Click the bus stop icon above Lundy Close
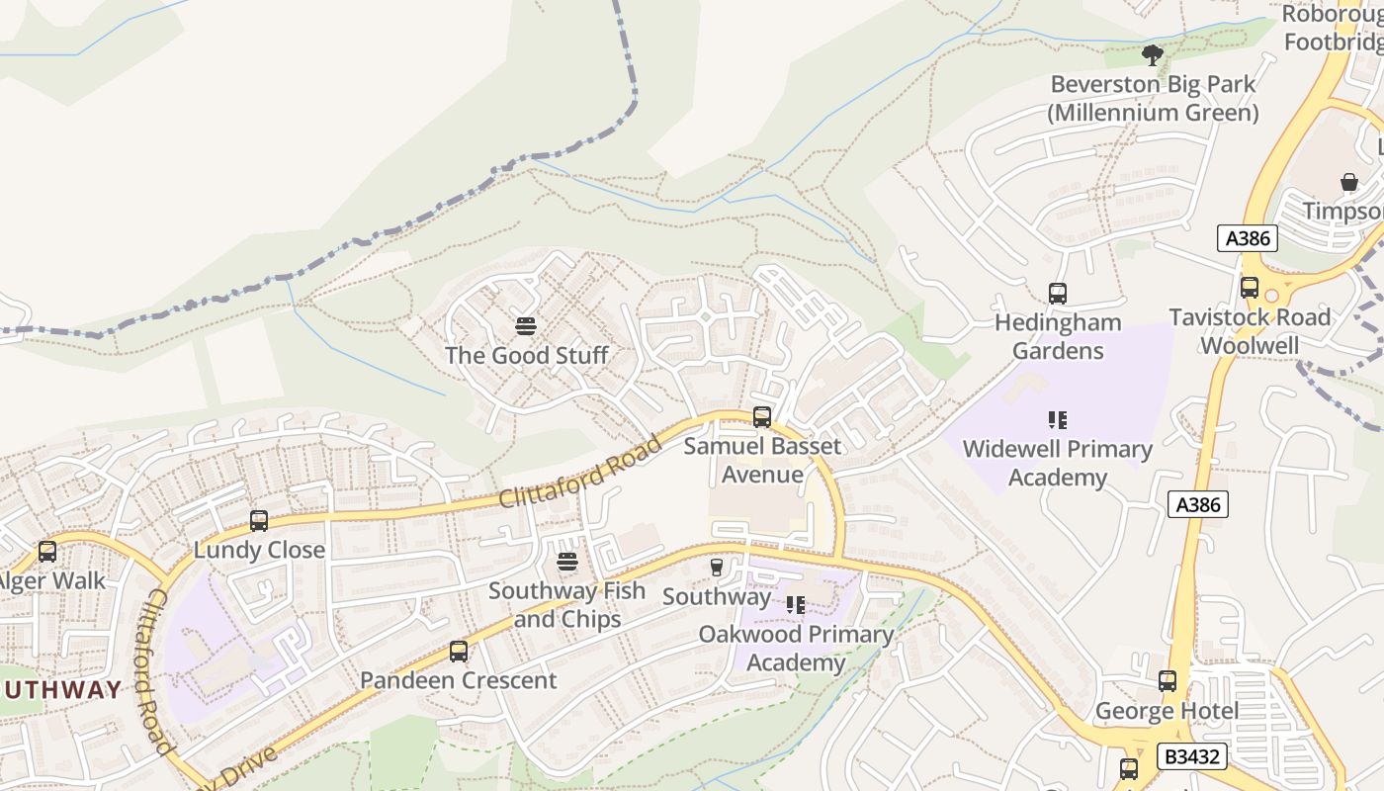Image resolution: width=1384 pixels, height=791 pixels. point(259,520)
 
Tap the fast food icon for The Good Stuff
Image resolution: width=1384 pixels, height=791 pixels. point(526,325)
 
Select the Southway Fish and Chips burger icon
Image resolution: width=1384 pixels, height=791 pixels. point(567,562)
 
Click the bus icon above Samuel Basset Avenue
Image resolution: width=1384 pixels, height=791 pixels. point(762,416)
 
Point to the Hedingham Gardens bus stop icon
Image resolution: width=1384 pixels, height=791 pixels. point(1058,293)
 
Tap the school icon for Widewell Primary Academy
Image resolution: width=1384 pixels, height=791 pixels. point(1058,420)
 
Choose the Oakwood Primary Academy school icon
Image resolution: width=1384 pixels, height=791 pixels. point(796,604)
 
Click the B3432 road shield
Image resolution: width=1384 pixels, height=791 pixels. point(1193,757)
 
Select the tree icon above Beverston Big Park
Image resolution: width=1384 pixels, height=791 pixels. point(1152,54)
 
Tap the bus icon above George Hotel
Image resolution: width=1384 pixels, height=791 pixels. point(1168,681)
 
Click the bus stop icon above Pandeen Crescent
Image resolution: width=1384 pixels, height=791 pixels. point(458,651)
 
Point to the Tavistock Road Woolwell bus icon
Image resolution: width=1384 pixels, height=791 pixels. point(1250,288)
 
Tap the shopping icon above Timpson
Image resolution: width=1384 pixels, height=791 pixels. point(1349,182)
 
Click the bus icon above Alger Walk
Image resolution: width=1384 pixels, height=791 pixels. point(46,552)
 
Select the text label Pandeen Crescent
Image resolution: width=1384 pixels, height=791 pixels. point(458,680)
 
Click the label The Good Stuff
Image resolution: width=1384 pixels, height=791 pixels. point(526,355)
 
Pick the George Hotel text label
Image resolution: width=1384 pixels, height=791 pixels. point(1167,711)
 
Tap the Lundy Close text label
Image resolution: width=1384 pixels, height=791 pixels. point(259,550)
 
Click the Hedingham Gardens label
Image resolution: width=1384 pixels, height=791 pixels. point(1058,336)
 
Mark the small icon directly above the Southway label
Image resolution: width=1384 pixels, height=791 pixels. point(717,567)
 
